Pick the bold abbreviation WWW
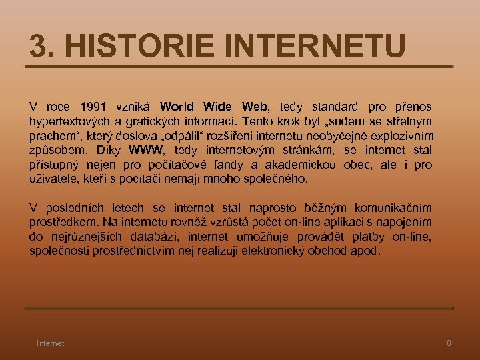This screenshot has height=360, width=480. coord(150,149)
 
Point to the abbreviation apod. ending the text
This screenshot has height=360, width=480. coord(367,251)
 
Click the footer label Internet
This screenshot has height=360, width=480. coord(51,343)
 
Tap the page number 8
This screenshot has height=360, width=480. coord(449,343)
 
